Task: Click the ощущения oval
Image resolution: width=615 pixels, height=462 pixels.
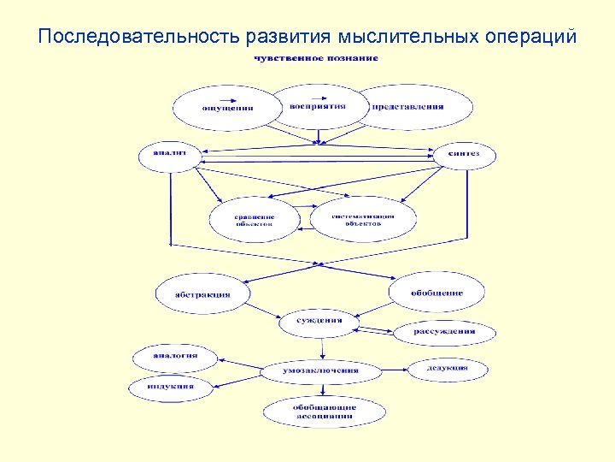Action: coord(227,108)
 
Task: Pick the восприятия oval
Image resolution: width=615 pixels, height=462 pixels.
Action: coord(318,106)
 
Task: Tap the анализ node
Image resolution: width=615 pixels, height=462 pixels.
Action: coord(168,155)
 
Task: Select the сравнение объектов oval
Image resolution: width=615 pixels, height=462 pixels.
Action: coord(255,220)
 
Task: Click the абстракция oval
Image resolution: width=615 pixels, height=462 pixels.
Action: coord(202,294)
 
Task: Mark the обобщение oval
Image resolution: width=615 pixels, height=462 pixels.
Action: coord(436,293)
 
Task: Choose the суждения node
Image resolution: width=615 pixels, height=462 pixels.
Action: coord(319,322)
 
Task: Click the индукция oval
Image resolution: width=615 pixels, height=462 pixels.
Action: coord(171,387)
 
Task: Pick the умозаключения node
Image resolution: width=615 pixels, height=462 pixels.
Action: coord(320,371)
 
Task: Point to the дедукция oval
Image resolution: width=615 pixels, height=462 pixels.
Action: coord(448,369)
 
